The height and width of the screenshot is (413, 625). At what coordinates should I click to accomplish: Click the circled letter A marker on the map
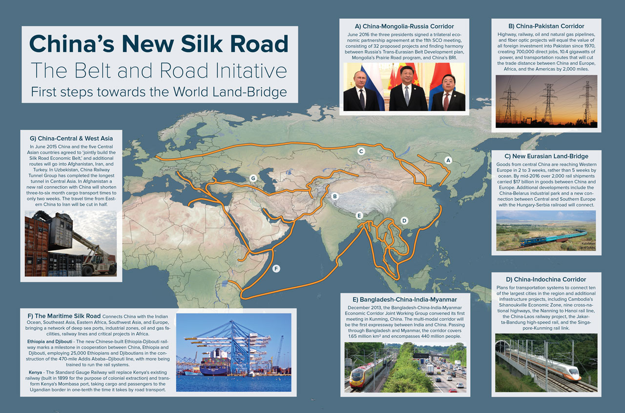click(x=449, y=160)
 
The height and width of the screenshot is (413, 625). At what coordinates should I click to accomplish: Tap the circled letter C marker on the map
click(x=361, y=151)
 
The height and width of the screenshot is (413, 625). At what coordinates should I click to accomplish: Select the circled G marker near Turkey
click(x=253, y=178)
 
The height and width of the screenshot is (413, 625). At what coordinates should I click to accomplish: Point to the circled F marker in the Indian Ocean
click(x=276, y=268)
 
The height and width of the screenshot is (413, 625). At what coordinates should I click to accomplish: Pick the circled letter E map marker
click(x=359, y=215)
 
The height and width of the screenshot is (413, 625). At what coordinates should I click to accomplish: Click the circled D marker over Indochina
click(x=404, y=220)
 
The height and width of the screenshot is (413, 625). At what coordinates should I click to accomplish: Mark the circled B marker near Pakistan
click(x=335, y=197)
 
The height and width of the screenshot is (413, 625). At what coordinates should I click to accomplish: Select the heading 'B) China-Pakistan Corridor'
click(x=546, y=26)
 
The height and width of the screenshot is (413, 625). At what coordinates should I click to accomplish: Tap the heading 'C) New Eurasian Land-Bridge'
click(x=546, y=157)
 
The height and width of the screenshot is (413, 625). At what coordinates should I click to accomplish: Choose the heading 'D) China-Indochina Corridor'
click(x=546, y=279)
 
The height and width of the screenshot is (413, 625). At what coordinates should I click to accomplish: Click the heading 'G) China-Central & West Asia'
click(x=71, y=138)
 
